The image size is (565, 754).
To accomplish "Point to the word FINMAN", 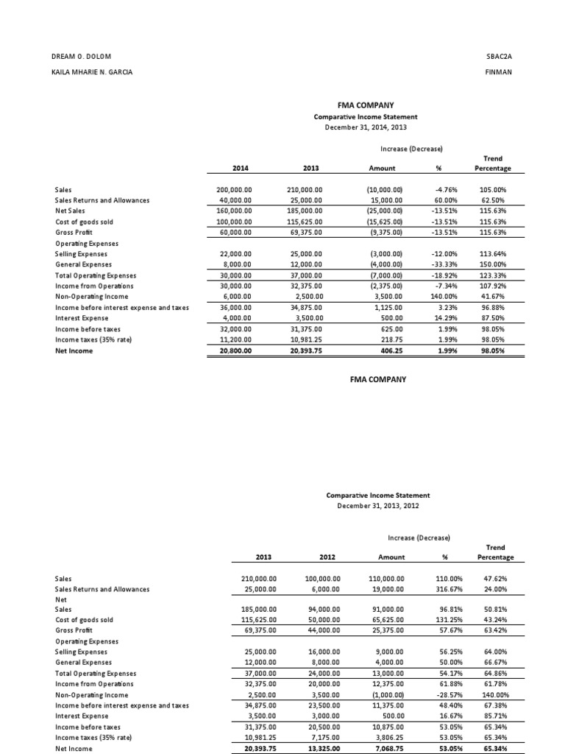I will pyautogui.click(x=498, y=71).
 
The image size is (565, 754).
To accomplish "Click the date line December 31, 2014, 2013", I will pyautogui.click(x=366, y=127).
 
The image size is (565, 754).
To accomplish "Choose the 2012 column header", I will pyautogui.click(x=322, y=557).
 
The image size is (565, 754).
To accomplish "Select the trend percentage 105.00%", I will pyautogui.click(x=497, y=190).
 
